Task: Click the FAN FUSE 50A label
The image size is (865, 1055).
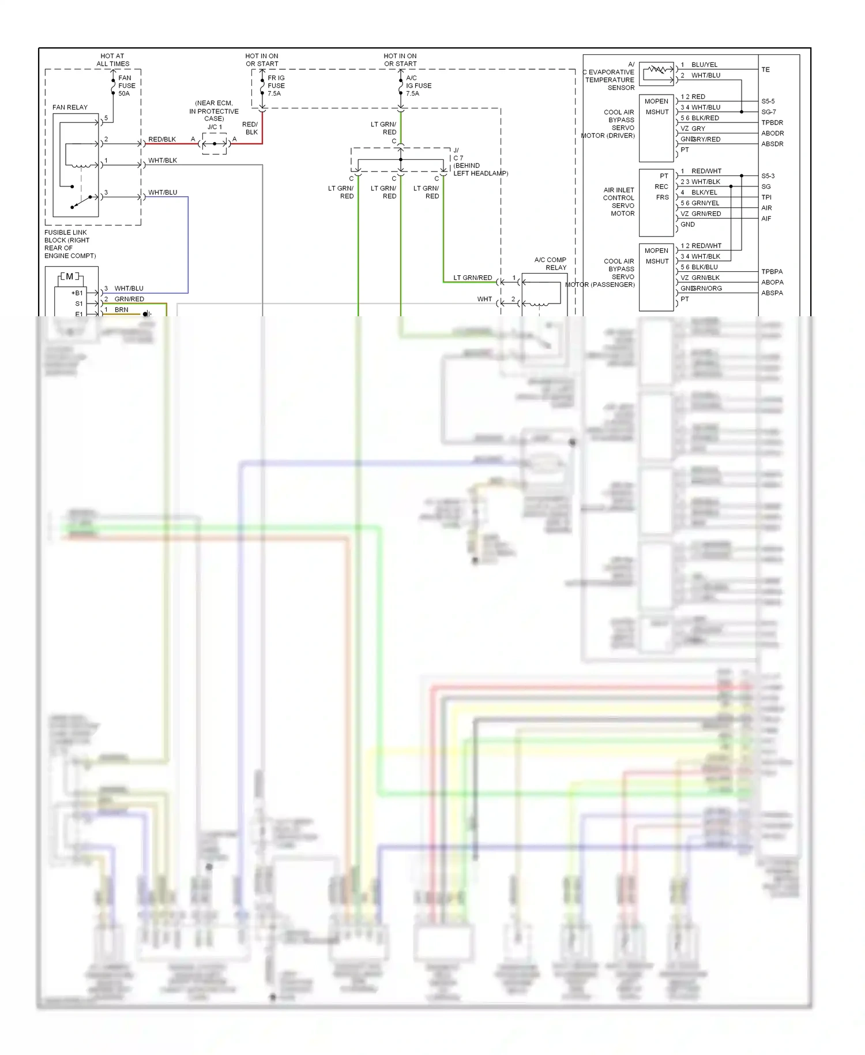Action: click(x=126, y=85)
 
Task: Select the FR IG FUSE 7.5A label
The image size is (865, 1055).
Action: click(x=276, y=85)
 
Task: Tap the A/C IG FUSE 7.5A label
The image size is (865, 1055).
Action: click(x=418, y=85)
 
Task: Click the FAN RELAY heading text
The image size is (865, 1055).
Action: click(x=70, y=107)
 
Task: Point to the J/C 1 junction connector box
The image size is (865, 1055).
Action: click(x=215, y=143)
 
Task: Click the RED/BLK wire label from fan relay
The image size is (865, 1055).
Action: click(x=162, y=140)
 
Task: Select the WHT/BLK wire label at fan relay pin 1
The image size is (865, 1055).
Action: click(x=163, y=160)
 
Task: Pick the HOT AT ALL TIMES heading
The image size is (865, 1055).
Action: click(x=112, y=60)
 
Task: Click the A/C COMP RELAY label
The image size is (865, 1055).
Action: click(x=550, y=264)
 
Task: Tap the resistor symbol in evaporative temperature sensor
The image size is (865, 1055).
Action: click(x=657, y=70)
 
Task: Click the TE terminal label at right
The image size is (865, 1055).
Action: click(x=765, y=70)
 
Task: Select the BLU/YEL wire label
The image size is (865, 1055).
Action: click(x=704, y=65)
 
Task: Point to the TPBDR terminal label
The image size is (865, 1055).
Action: click(x=772, y=123)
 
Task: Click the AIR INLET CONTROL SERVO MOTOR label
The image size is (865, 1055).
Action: click(x=619, y=201)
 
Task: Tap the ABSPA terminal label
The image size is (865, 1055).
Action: click(x=772, y=293)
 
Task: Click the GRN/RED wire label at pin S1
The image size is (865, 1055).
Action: click(x=129, y=299)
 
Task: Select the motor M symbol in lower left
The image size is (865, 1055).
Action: click(x=70, y=276)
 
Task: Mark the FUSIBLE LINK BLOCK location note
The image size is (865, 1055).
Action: click(x=70, y=244)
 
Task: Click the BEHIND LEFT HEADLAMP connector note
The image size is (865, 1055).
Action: click(x=480, y=169)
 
